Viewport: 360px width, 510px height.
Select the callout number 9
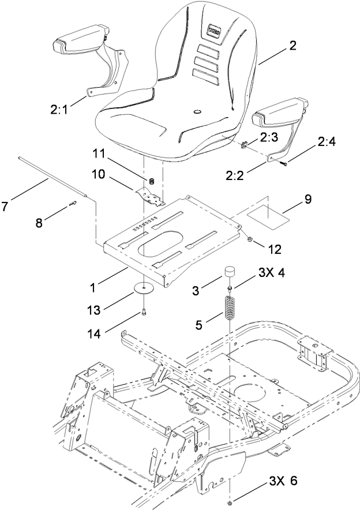coord(307,199)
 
